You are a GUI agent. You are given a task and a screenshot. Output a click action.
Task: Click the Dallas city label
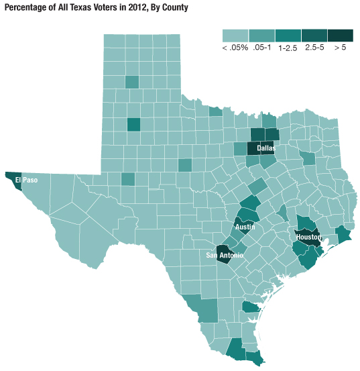tap(265, 148)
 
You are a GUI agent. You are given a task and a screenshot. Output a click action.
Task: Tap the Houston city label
tap(308, 237)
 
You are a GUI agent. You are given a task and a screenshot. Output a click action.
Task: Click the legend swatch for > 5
tap(340, 35)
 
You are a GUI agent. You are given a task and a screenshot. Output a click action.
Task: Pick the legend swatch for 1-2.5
tap(288, 35)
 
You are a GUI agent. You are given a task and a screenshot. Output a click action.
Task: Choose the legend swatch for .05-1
tap(261, 35)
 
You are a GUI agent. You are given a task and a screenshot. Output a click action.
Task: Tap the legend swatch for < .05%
tap(235, 35)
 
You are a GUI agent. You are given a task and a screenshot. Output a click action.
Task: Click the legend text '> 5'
tap(340, 48)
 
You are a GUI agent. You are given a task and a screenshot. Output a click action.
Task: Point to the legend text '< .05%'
tap(235, 48)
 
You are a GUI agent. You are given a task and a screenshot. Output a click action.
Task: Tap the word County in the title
tap(174, 7)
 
